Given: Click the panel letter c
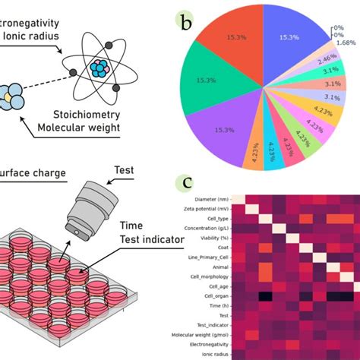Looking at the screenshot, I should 184,183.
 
